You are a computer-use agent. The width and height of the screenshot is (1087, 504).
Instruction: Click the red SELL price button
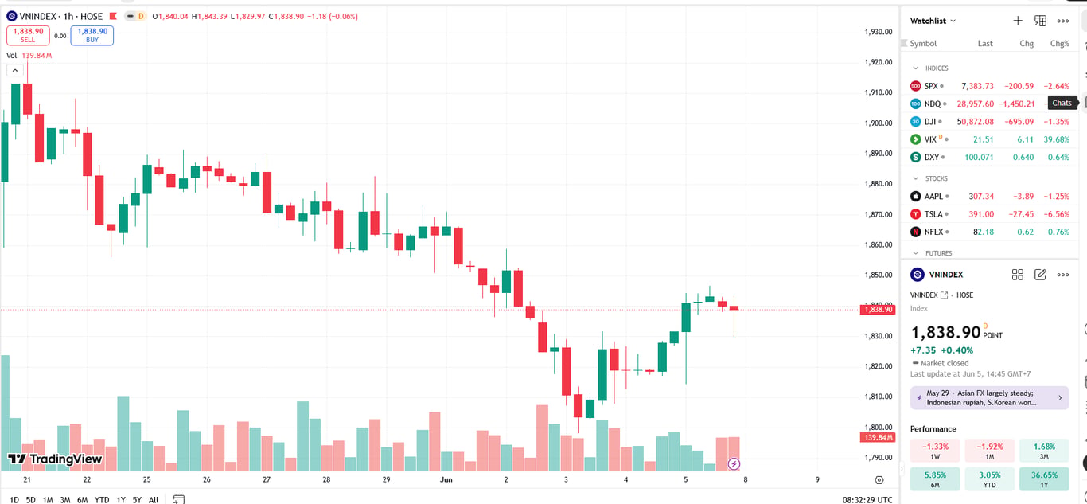point(28,36)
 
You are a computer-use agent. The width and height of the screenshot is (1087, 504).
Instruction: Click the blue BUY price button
point(92,36)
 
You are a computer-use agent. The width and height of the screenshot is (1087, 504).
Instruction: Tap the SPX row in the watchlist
point(990,86)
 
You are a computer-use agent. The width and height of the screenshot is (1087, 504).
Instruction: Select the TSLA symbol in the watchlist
point(933,214)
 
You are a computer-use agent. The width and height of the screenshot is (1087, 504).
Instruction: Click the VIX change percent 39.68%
point(1056,139)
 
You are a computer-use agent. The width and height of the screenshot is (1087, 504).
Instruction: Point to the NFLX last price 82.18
point(983,232)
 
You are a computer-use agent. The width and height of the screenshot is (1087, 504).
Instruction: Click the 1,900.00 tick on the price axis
point(879,123)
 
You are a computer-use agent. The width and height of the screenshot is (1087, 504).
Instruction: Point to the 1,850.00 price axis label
point(879,275)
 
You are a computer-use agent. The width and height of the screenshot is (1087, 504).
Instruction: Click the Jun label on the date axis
point(446,480)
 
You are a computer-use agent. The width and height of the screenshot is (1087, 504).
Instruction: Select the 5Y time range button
point(138,500)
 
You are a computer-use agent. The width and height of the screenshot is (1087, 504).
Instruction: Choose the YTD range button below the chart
point(101,500)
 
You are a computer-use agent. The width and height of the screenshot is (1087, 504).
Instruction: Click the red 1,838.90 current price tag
point(878,309)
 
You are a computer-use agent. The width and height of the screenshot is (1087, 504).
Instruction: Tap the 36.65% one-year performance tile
point(1044,479)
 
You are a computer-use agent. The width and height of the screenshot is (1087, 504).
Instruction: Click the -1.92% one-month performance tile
point(989,450)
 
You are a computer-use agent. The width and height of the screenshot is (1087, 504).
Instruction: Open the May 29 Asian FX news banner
point(989,397)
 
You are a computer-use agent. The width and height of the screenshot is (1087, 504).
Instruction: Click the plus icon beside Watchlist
point(1018,21)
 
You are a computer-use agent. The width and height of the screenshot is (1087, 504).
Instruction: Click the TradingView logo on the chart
point(55,459)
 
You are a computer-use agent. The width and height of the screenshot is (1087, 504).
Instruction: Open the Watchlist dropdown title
point(932,21)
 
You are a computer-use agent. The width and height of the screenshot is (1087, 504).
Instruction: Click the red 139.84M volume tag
point(878,437)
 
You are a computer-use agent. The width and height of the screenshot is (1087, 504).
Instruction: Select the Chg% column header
point(1059,43)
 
